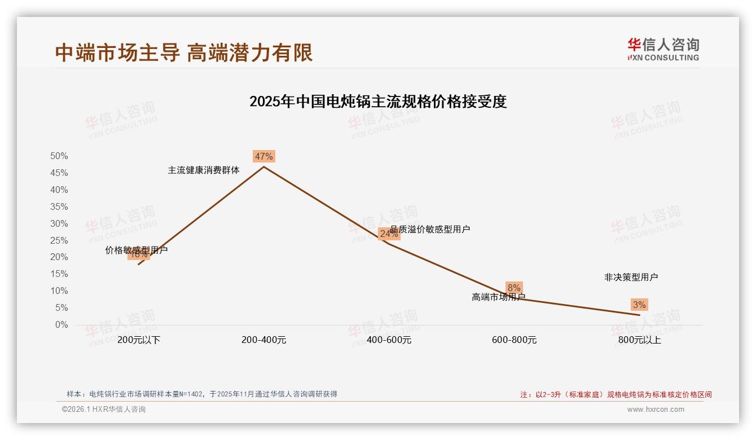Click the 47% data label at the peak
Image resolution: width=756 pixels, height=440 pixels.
click(263, 156)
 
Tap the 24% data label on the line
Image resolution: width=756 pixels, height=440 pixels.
click(389, 234)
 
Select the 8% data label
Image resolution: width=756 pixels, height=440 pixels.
click(514, 288)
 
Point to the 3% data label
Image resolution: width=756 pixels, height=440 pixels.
click(639, 305)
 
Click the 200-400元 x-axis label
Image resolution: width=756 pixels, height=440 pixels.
click(263, 340)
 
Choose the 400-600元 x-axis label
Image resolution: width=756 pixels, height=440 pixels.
click(389, 340)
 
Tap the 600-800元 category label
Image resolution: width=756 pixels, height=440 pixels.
click(514, 340)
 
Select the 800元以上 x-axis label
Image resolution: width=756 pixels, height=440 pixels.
click(639, 340)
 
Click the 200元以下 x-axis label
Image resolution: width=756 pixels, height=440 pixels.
click(139, 340)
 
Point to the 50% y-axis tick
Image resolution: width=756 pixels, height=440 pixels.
click(59, 156)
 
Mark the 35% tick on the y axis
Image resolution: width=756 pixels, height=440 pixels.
click(59, 206)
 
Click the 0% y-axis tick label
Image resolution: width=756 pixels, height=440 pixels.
click(61, 324)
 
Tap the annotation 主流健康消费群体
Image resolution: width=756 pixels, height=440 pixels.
click(204, 170)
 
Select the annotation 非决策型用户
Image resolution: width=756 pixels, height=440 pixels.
click(631, 277)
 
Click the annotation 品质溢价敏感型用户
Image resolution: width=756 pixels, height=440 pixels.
click(430, 229)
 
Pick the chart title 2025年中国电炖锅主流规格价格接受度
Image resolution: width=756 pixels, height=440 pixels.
click(378, 102)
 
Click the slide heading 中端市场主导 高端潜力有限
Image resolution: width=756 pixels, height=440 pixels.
click(184, 52)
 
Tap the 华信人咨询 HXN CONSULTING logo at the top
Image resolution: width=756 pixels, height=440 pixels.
click(663, 49)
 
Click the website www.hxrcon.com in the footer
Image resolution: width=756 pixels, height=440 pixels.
click(656, 410)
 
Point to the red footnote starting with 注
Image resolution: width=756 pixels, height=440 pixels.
click(616, 394)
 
